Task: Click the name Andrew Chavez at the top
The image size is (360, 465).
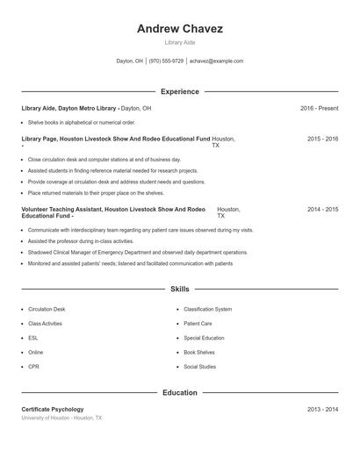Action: pyautogui.click(x=179, y=29)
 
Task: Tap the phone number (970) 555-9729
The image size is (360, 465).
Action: pyautogui.click(x=166, y=61)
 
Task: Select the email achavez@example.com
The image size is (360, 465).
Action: pyautogui.click(x=216, y=61)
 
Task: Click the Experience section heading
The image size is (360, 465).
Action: pyautogui.click(x=179, y=91)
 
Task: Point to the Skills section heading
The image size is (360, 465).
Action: pyautogui.click(x=179, y=289)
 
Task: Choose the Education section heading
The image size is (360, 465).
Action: pyautogui.click(x=179, y=393)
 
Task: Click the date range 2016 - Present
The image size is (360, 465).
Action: pyautogui.click(x=319, y=108)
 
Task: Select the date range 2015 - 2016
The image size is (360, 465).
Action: pyautogui.click(x=322, y=139)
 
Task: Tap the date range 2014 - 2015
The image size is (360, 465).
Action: pyautogui.click(x=322, y=210)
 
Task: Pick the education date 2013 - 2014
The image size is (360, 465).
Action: pyautogui.click(x=322, y=410)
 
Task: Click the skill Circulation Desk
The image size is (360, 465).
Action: pyautogui.click(x=47, y=309)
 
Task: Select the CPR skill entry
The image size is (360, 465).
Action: pyautogui.click(x=33, y=366)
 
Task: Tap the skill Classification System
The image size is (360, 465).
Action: pyautogui.click(x=207, y=309)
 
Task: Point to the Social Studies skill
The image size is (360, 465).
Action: pyautogui.click(x=199, y=366)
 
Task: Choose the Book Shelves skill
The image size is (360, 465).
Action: pyautogui.click(x=198, y=352)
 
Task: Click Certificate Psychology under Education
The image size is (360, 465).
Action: pyautogui.click(x=53, y=410)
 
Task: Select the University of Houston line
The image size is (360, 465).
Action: pyautogui.click(x=61, y=418)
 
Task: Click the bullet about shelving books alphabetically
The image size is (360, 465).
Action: pyautogui.click(x=81, y=123)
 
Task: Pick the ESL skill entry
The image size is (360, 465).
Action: pyautogui.click(x=33, y=338)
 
